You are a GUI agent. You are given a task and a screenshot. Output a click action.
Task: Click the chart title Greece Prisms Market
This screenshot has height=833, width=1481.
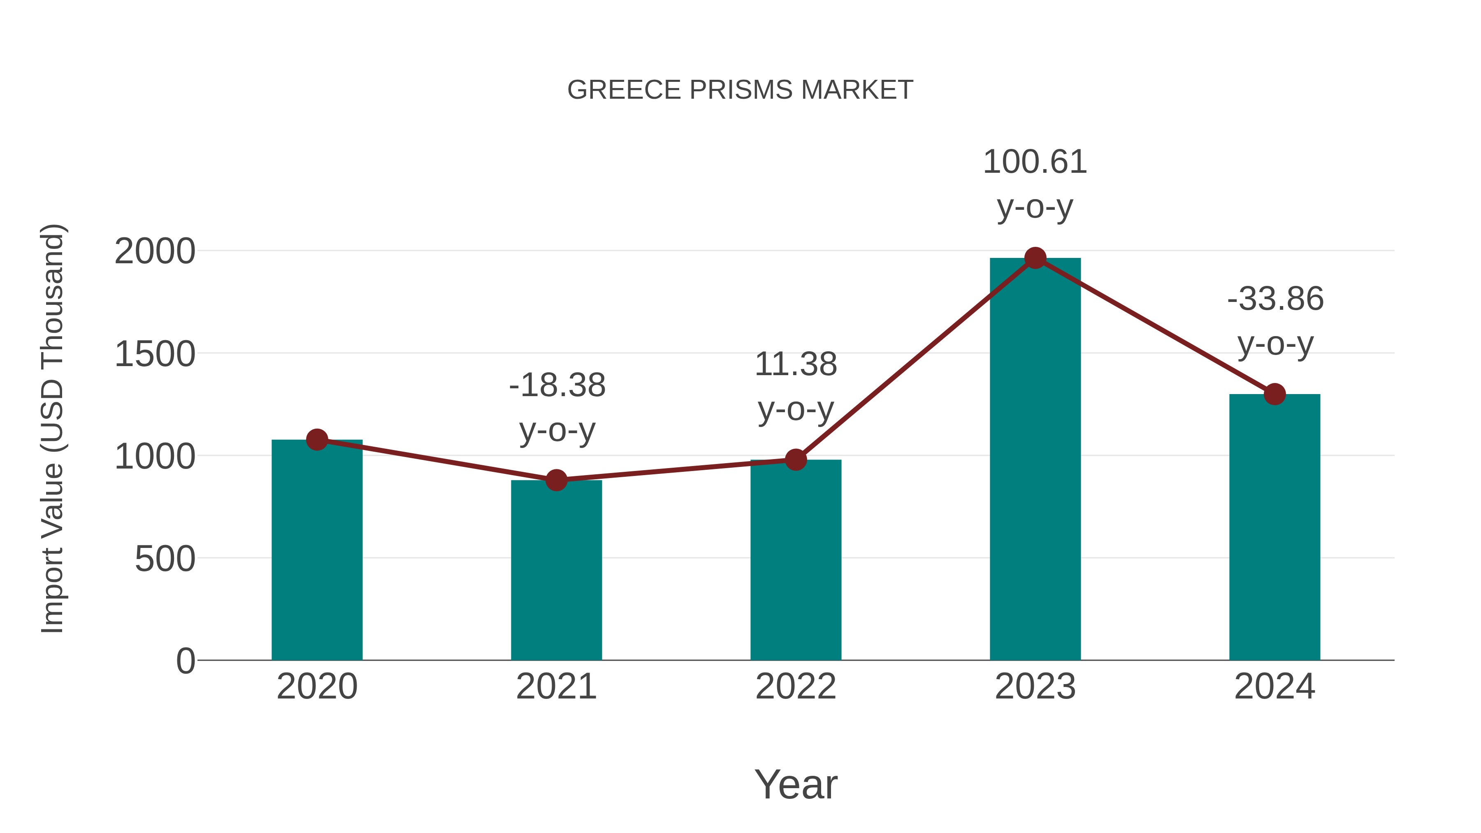pyautogui.click(x=740, y=90)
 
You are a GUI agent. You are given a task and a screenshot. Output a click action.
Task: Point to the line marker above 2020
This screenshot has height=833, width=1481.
pyautogui.click(x=317, y=440)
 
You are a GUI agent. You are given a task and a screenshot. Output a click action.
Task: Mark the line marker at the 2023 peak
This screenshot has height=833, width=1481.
pyautogui.click(x=1035, y=258)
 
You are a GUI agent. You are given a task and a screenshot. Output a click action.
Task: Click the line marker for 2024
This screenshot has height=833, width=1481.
pyautogui.click(x=1274, y=394)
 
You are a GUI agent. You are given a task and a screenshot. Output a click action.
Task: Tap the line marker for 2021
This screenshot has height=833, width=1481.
pyautogui.click(x=556, y=480)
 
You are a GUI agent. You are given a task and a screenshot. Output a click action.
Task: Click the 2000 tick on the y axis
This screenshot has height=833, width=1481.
pyautogui.click(x=155, y=252)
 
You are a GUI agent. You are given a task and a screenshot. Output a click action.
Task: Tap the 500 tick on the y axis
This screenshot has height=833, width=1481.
pyautogui.click(x=165, y=559)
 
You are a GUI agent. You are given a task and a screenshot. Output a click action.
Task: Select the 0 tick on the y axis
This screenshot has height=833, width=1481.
pyautogui.click(x=185, y=661)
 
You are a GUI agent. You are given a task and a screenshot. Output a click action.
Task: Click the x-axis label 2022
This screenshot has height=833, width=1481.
pyautogui.click(x=796, y=687)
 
